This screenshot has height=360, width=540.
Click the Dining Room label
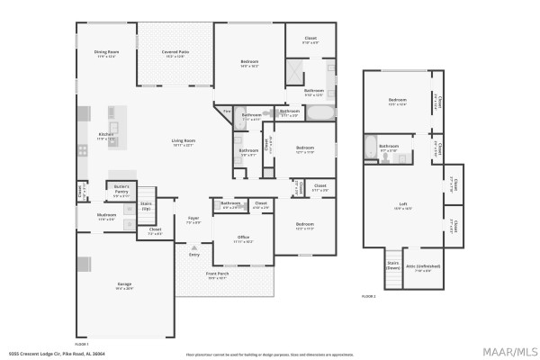107,53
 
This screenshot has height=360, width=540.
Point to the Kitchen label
106,136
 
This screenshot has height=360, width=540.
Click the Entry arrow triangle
193,247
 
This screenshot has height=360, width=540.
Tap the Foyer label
193,219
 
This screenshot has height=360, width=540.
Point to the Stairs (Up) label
147,205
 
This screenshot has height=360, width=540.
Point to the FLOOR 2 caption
368,296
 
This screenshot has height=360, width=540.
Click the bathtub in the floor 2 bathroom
371,147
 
